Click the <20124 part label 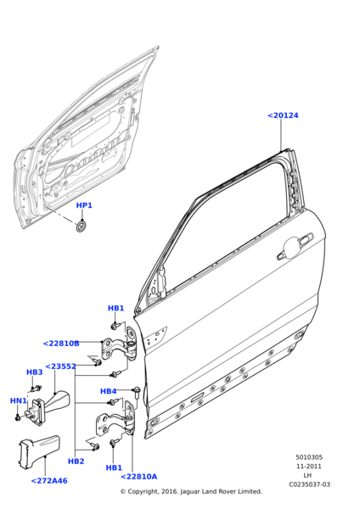(x=283, y=115)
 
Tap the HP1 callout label (x=84, y=205)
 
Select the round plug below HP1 (x=82, y=227)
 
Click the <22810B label (x=61, y=344)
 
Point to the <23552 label (x=60, y=366)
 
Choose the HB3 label (x=35, y=372)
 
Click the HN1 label (x=18, y=401)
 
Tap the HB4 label (x=108, y=391)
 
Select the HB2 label (x=76, y=461)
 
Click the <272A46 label (x=49, y=481)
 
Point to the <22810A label (x=138, y=477)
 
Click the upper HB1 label (x=116, y=308)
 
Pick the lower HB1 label (x=114, y=467)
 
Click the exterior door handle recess (x=295, y=247)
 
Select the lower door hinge (x=116, y=419)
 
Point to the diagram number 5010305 (x=309, y=457)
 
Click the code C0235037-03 (x=309, y=484)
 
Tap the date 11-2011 (x=309, y=467)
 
